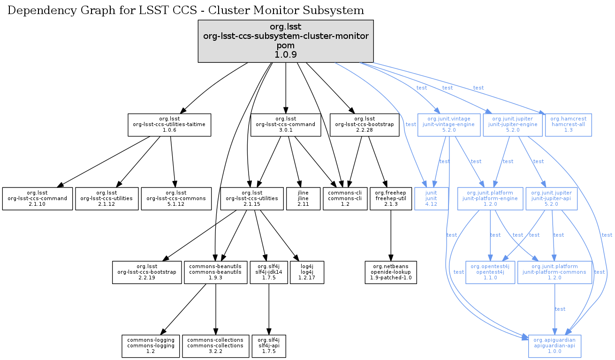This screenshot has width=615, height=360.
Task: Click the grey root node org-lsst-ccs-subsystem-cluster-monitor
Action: click(x=286, y=41)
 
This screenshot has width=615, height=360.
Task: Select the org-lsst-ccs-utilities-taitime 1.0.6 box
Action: click(x=169, y=124)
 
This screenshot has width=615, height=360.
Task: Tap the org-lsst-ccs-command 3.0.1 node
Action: click(x=286, y=124)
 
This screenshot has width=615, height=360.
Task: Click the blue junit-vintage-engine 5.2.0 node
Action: click(x=449, y=124)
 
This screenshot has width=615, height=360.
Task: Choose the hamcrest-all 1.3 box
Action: click(x=569, y=124)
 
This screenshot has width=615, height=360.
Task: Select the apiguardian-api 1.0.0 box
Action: click(x=555, y=346)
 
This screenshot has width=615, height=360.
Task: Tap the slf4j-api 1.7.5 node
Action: click(x=269, y=346)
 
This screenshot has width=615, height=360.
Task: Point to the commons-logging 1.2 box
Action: click(x=151, y=346)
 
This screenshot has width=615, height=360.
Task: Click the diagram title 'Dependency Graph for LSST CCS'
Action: click(x=186, y=10)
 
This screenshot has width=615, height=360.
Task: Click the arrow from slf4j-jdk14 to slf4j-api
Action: click(x=269, y=309)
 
